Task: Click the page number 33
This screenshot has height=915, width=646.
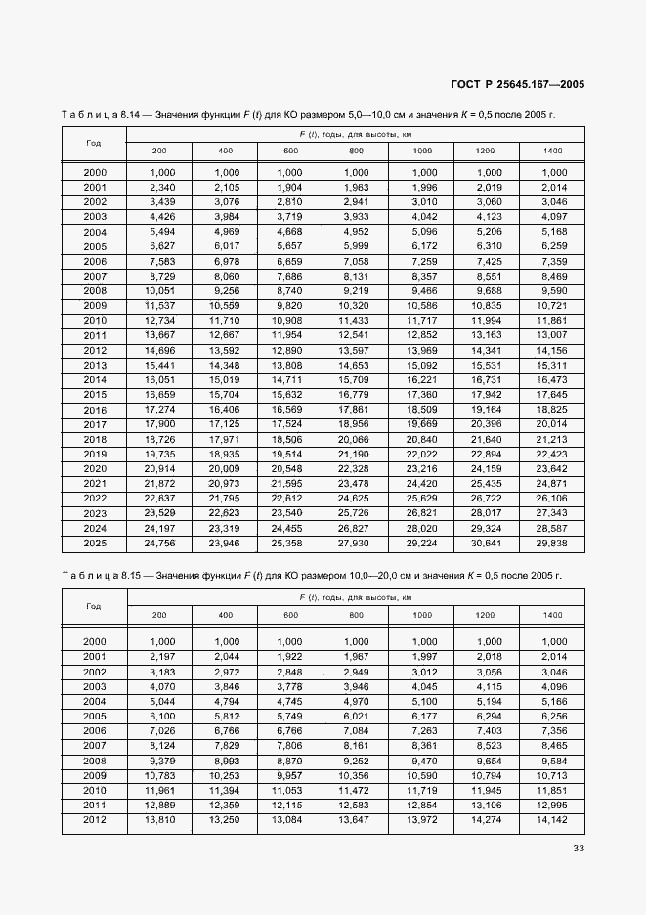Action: pyautogui.click(x=579, y=848)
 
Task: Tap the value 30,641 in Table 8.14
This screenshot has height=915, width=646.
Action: pyautogui.click(x=486, y=543)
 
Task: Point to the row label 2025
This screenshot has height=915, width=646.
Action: pyautogui.click(x=95, y=543)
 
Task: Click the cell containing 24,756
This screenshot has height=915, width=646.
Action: pyautogui.click(x=159, y=543)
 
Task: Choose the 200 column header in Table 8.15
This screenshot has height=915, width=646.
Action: pyautogui.click(x=159, y=615)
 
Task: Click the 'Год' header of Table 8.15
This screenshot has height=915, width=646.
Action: pyautogui.click(x=94, y=606)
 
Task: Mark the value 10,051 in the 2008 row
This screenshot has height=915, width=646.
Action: pyautogui.click(x=159, y=290)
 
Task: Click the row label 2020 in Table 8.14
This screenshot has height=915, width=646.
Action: pyautogui.click(x=95, y=469)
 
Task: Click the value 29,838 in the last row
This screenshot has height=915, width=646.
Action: pyautogui.click(x=552, y=543)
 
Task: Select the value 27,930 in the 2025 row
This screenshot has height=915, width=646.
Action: pyautogui.click(x=356, y=543)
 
